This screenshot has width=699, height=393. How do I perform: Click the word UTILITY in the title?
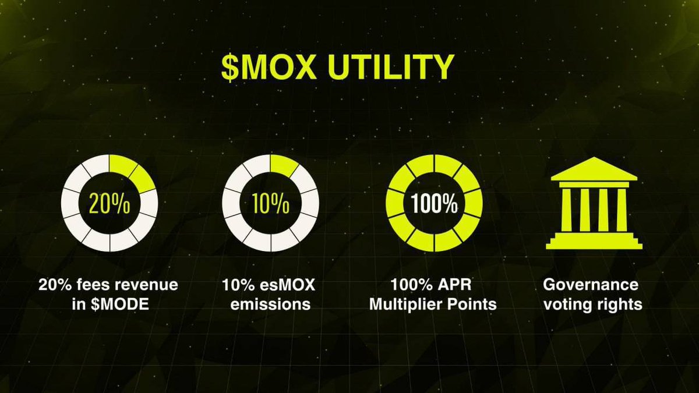tap(391, 67)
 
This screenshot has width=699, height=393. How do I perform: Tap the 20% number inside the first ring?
tap(110, 203)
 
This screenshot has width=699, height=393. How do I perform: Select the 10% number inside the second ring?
tap(271, 203)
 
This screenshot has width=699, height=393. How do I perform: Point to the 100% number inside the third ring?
tap(434, 203)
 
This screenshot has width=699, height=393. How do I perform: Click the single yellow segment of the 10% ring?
tap(283, 165)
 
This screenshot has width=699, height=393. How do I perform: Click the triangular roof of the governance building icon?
tap(594, 169)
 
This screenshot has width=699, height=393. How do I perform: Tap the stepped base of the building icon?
tap(594, 241)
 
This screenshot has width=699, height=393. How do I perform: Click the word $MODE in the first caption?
tap(120, 304)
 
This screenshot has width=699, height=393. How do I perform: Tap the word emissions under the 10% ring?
tap(270, 304)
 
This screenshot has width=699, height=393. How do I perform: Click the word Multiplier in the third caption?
tap(405, 304)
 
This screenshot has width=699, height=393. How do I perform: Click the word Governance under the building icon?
tap(591, 285)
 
